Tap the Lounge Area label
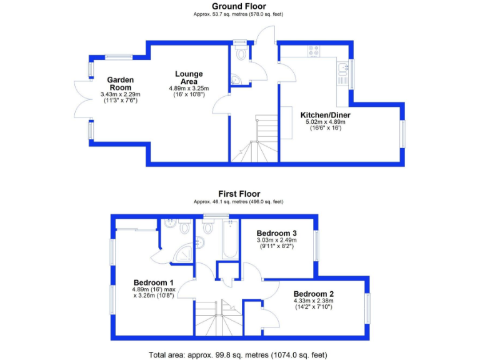point(189,77)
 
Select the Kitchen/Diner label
point(325,115)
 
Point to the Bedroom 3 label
point(276,232)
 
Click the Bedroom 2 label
point(314,294)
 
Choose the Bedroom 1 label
point(153,282)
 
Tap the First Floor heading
point(239,194)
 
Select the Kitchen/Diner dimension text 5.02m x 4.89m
point(325,122)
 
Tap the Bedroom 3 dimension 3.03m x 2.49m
point(276,240)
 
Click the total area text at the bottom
point(237,354)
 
